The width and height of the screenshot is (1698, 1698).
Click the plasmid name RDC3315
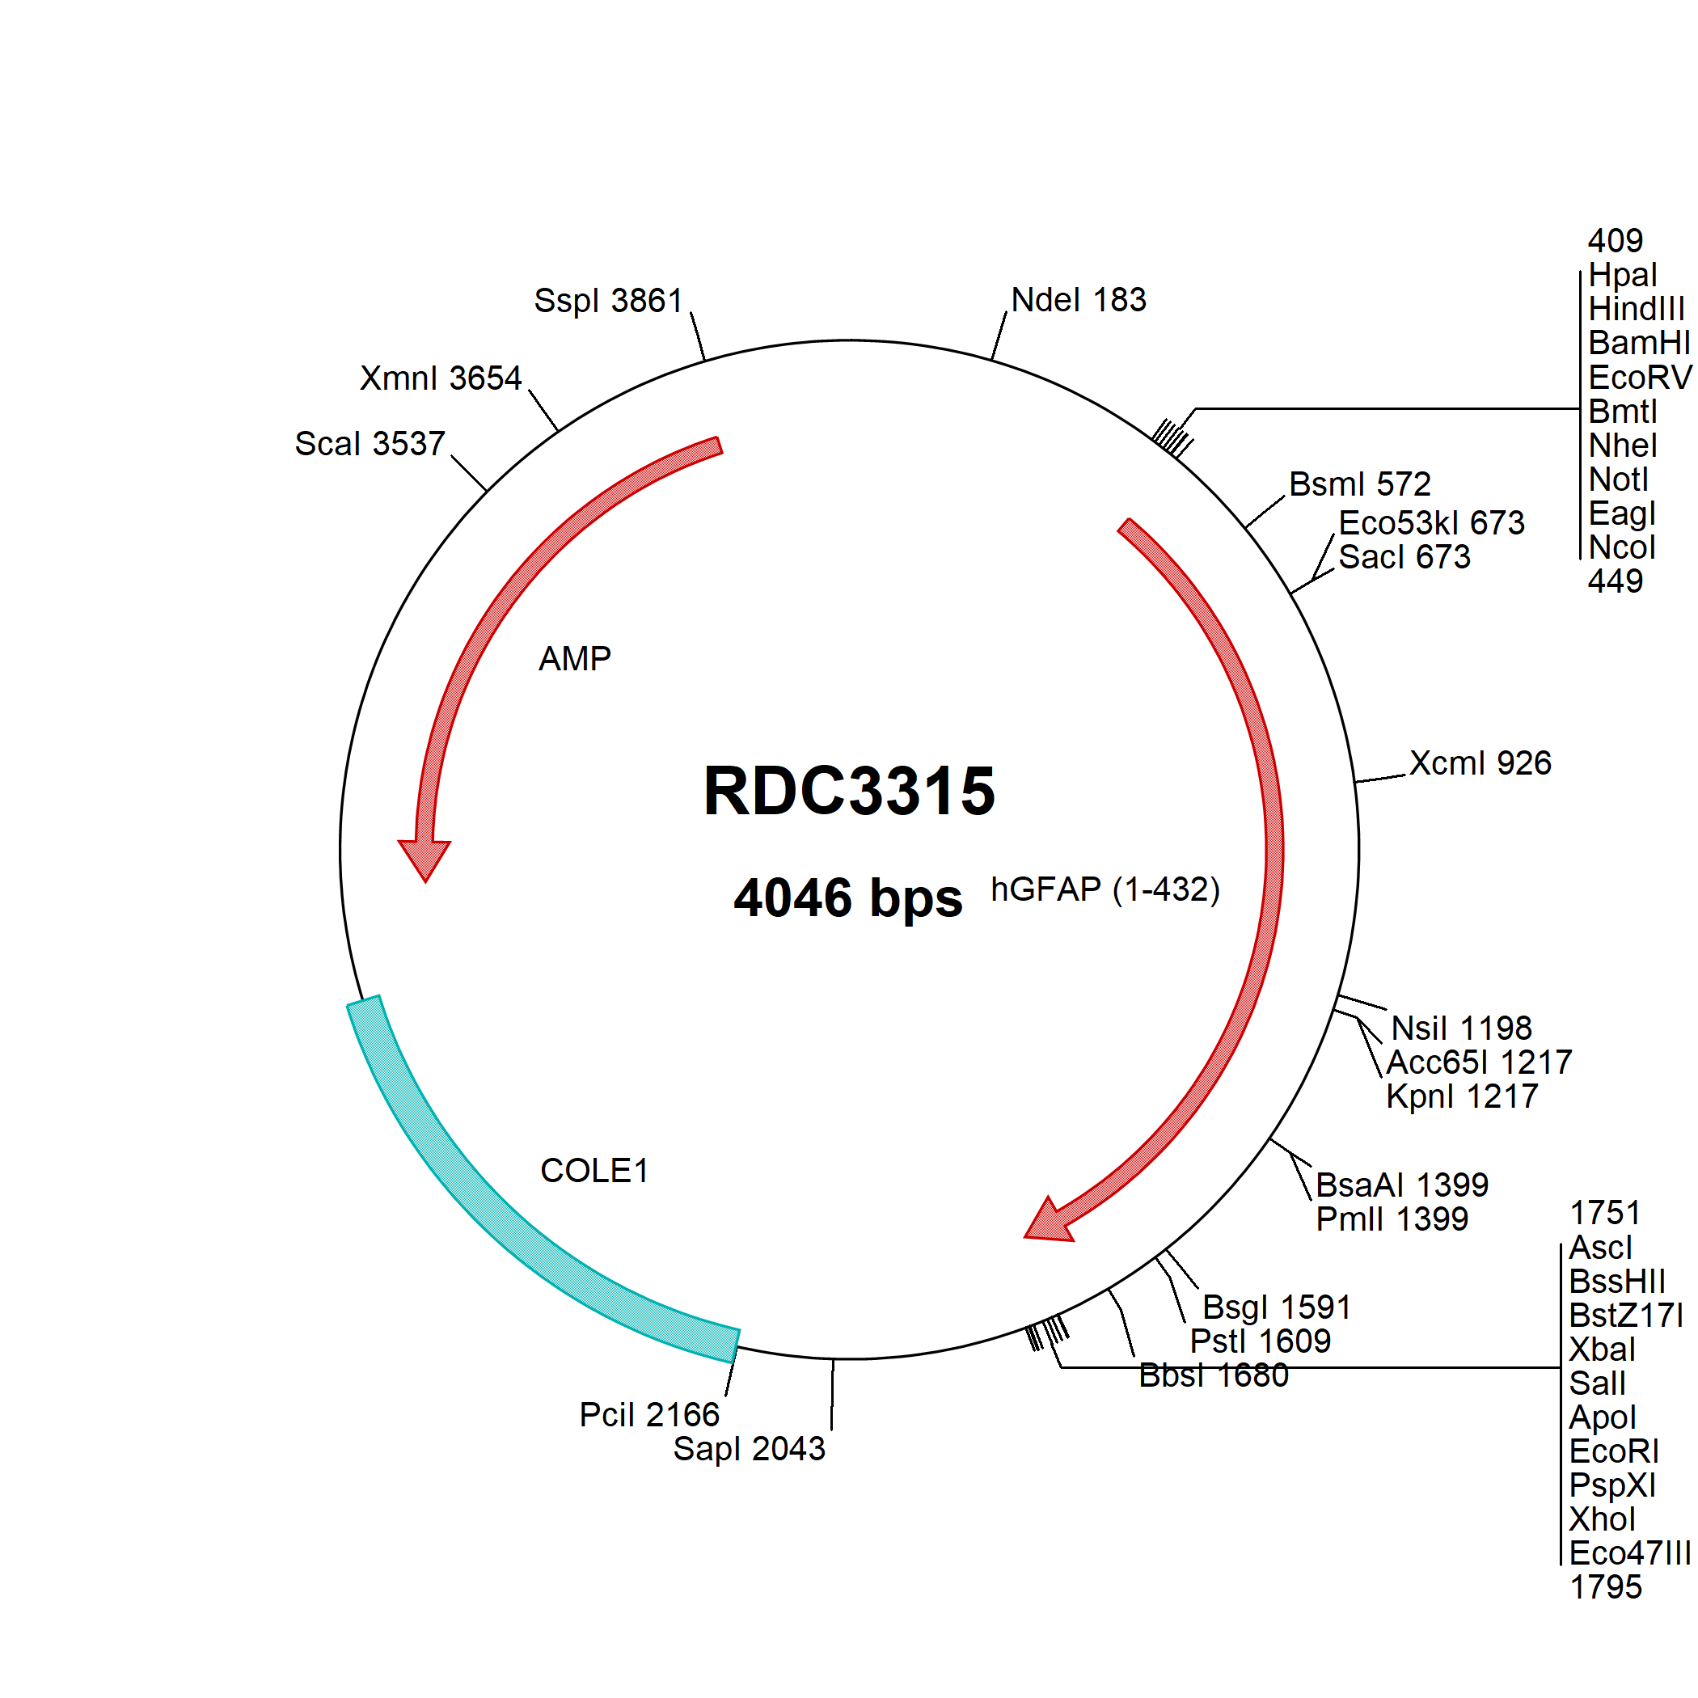849,790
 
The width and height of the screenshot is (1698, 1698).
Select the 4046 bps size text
848,898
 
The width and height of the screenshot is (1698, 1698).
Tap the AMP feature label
575,658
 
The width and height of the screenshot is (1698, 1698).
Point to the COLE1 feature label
594,1171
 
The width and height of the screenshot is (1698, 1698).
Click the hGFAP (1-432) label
1105,889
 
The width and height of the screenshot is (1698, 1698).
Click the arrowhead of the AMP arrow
424,860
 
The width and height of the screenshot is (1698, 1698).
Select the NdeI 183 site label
1079,300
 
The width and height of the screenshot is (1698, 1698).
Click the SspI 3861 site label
608,301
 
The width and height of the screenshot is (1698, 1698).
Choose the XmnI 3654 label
441,378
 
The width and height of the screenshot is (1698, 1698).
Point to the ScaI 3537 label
370,444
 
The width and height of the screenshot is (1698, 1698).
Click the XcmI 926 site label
1480,762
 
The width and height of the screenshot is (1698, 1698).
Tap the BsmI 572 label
1360,484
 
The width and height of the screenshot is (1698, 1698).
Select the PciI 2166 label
649,1415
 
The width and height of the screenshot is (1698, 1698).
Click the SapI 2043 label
749,1448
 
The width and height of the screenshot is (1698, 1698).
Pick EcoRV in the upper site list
1639,378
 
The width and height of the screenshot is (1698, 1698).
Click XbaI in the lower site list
1601,1349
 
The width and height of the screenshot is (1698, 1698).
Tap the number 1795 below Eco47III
1605,1587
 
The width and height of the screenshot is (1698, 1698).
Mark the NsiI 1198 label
1461,1029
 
